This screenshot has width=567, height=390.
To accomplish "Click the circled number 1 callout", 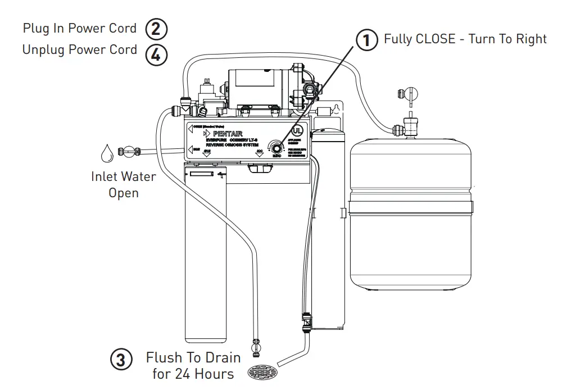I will click(366, 40).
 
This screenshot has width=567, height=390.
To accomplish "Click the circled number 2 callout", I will click(156, 29).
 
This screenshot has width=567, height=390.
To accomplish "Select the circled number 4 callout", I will click(156, 55).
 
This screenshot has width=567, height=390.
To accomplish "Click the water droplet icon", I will click(106, 152).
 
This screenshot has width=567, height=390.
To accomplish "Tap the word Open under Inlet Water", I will click(124, 193).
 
